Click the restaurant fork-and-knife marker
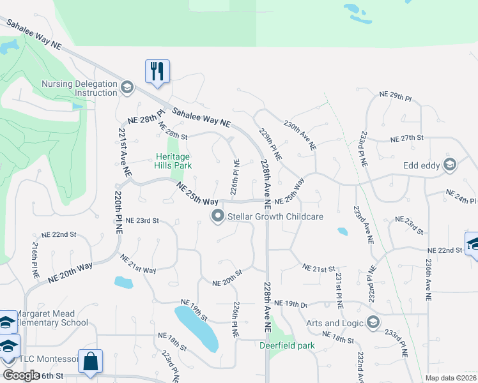pyautogui.click(x=157, y=70)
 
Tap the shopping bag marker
pyautogui.click(x=90, y=361)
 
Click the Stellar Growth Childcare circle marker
pyautogui.click(x=218, y=217)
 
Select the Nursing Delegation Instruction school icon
pyautogui.click(x=127, y=88)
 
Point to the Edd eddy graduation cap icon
pyautogui.click(x=450, y=165)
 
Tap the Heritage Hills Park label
pyautogui.click(x=173, y=160)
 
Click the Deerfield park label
pyautogui.click(x=287, y=346)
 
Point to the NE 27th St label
pyautogui.click(x=406, y=138)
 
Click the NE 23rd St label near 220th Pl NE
pyautogui.click(x=142, y=220)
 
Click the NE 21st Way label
pyautogui.click(x=138, y=264)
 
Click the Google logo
pyautogui.click(x=21, y=375)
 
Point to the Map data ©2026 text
pyautogui.click(x=451, y=378)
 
